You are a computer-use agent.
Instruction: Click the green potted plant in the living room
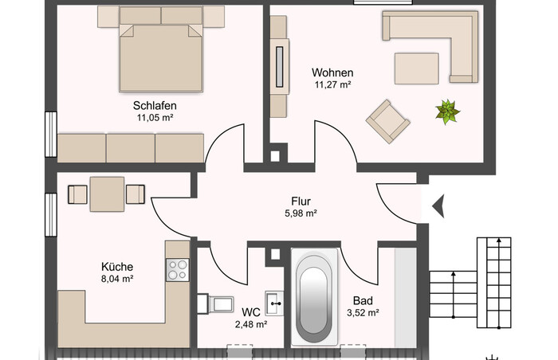[x=447, y=112]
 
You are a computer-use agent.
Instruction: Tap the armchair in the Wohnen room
[x=388, y=121]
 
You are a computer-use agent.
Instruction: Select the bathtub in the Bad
[x=314, y=297]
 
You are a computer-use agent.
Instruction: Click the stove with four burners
[x=178, y=270]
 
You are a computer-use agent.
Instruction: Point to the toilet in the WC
[x=215, y=303]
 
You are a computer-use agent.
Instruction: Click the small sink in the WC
[x=274, y=303]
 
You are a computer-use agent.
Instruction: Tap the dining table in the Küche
[x=107, y=194]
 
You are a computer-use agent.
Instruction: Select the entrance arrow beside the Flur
[x=438, y=206]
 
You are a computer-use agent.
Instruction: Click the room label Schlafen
[x=155, y=106]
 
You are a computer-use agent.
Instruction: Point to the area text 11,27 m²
[x=332, y=84]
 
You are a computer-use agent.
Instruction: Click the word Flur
[x=301, y=202]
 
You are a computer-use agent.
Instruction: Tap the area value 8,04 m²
[x=117, y=279]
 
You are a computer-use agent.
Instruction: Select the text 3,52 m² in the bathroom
[x=363, y=313]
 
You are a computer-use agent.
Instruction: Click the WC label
[x=251, y=312]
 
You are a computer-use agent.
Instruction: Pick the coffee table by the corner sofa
[x=416, y=68]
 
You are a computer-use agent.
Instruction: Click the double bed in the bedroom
[x=161, y=50]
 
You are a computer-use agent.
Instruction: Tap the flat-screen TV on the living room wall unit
[x=280, y=67]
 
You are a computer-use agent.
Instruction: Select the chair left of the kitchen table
[x=77, y=194]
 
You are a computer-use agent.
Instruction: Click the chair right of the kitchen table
[x=136, y=194]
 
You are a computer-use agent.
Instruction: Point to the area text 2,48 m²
[x=251, y=324]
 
